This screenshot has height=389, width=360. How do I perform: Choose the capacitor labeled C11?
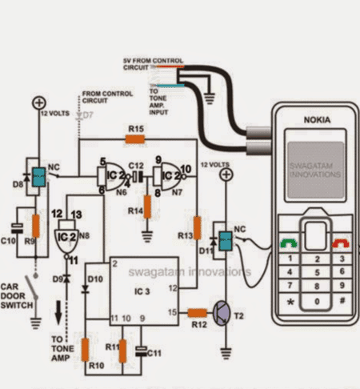142,349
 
